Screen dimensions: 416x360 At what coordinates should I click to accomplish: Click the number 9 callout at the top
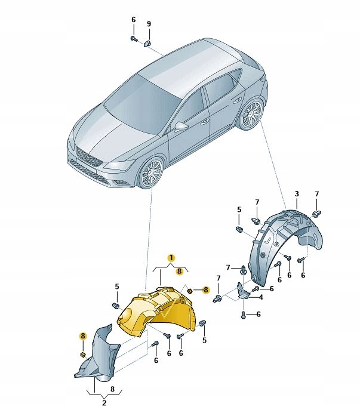pos(149,23)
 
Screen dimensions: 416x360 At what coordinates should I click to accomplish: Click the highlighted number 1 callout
pos(171,257)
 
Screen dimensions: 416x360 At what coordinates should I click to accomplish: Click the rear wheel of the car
pos(251,115)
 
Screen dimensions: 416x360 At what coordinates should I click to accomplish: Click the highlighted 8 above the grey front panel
pos(83,337)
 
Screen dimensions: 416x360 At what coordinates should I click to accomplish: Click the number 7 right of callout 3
pos(317,194)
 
